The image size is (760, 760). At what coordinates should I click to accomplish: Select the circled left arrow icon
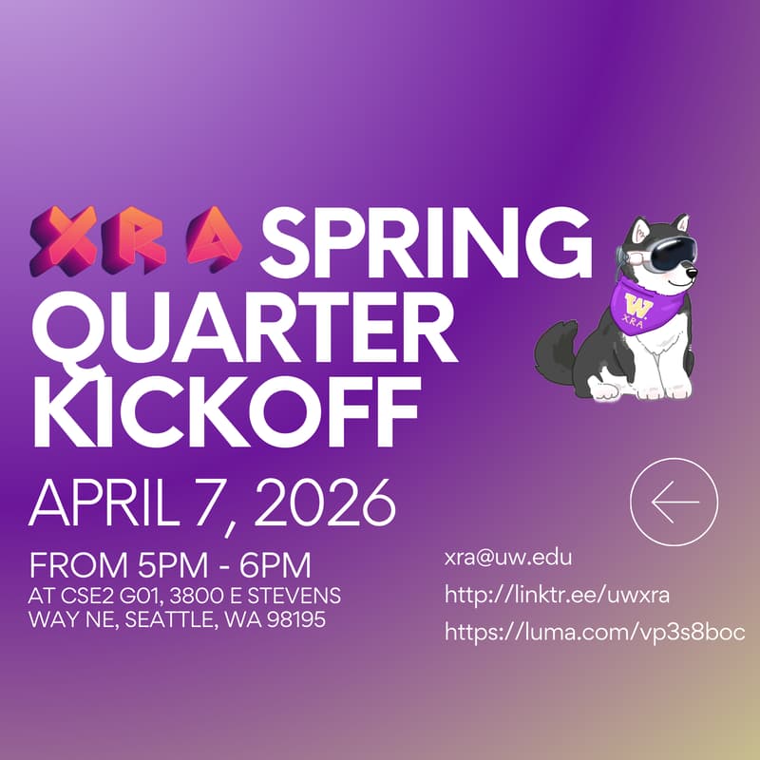coord(674,501)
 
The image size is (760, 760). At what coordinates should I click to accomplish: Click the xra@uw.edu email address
coord(508,558)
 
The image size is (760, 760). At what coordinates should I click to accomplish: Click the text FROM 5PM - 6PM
coord(171,566)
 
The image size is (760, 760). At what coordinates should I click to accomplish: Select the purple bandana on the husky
coord(639,304)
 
